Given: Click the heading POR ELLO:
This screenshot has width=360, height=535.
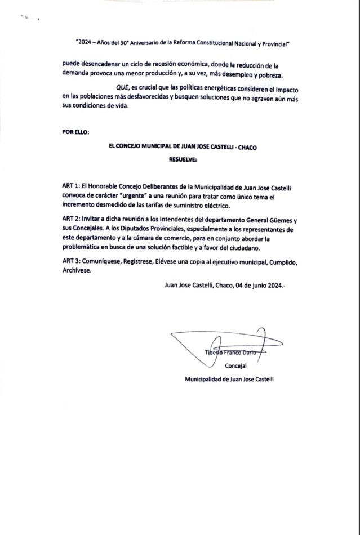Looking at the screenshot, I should point(75,132).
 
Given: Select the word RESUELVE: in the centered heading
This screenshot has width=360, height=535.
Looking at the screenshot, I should point(183,159).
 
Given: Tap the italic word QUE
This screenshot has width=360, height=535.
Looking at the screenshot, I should point(122,90).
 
